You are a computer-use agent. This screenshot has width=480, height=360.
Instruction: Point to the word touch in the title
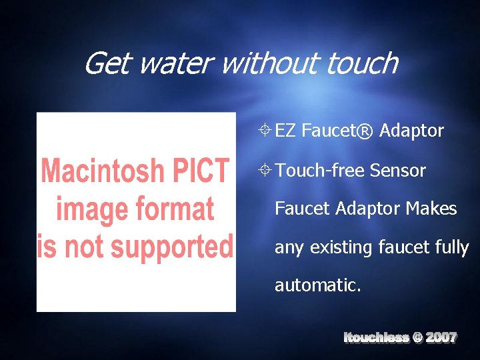[363, 64]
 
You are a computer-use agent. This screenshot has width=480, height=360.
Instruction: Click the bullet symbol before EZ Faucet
[265, 131]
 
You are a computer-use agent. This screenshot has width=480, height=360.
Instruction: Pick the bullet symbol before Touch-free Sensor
[265, 170]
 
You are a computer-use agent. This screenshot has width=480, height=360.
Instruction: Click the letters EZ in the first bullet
[285, 131]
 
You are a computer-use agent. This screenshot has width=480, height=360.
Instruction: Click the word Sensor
[397, 170]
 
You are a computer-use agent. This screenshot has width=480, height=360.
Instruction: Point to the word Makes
[431, 209]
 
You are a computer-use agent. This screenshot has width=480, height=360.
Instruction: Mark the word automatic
[318, 285]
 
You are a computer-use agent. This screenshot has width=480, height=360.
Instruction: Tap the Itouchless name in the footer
[376, 337]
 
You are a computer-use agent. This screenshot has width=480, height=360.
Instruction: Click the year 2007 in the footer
[441, 337]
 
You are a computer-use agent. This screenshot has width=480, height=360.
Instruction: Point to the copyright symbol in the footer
[417, 337]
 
